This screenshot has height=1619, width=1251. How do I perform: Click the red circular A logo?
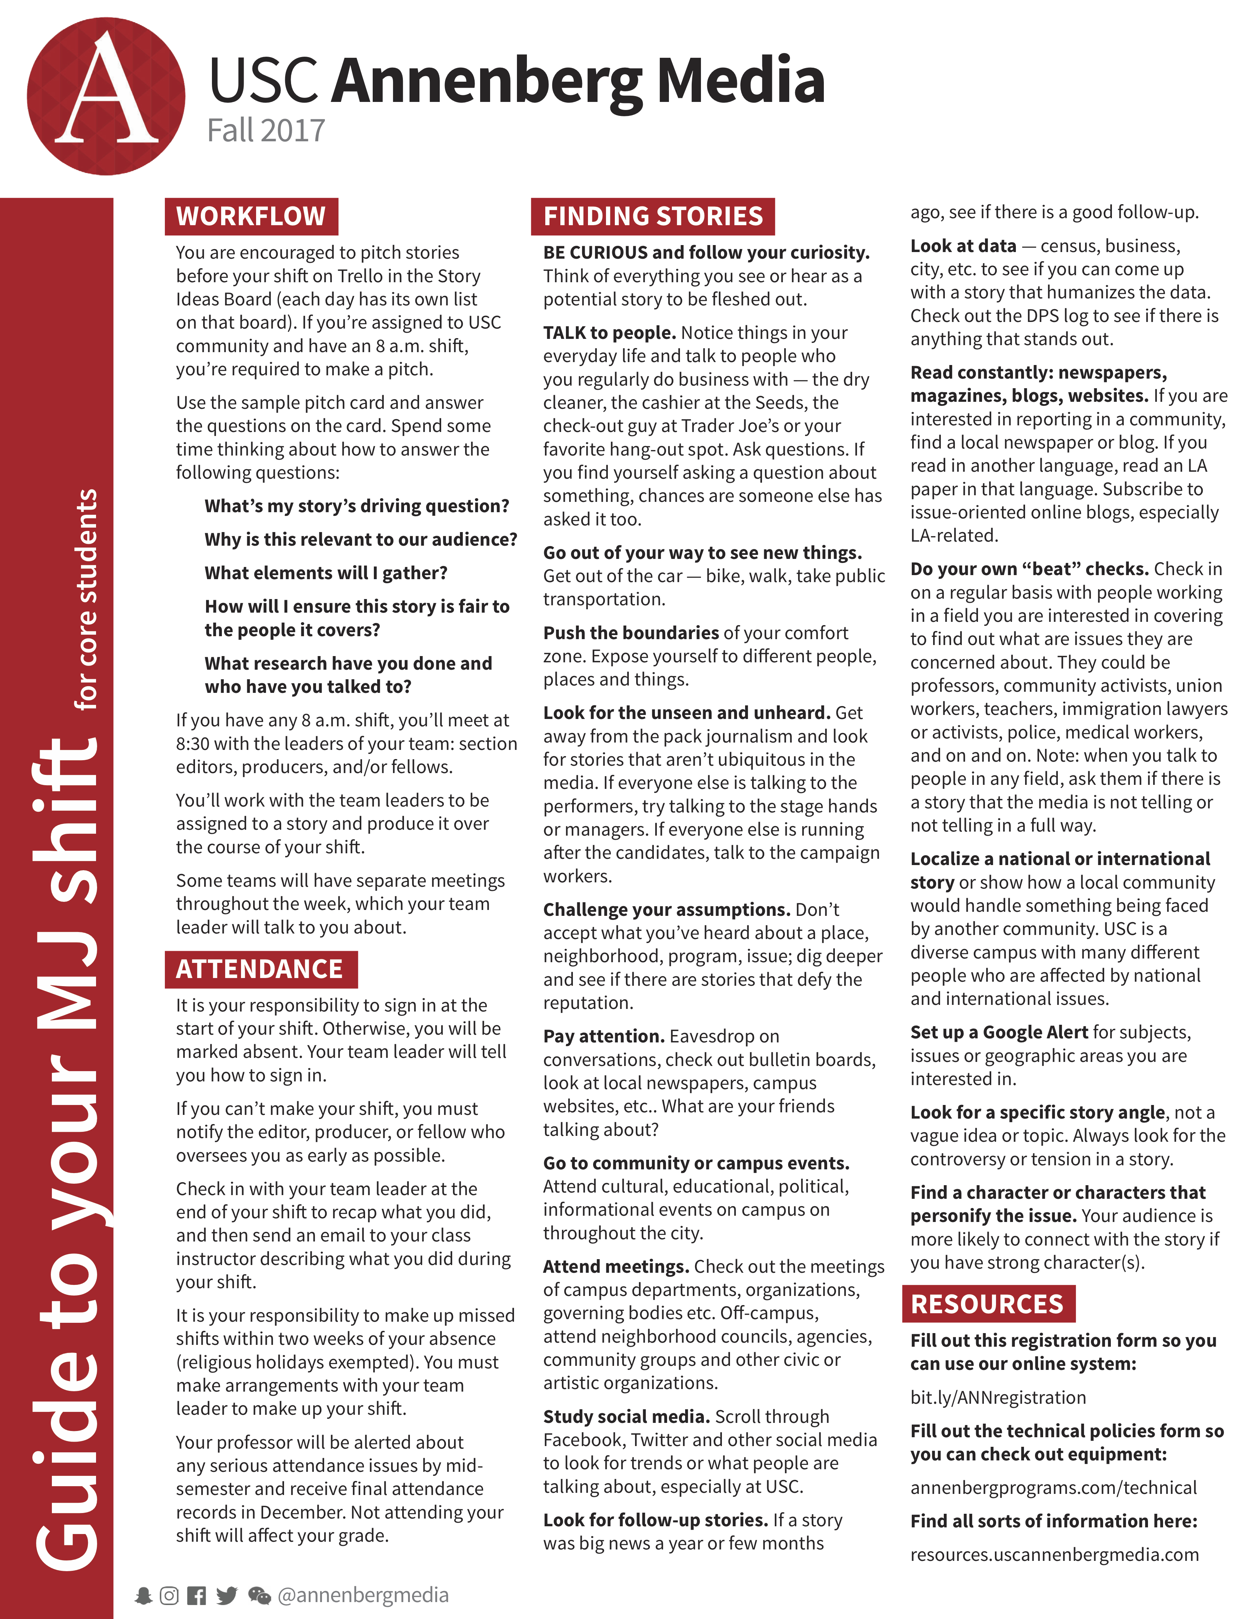106,96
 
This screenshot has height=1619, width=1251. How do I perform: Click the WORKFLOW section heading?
251,216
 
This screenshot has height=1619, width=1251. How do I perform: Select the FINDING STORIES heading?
653,216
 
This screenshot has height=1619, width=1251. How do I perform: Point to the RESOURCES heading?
987,1304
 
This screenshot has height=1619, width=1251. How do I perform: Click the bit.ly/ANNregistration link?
997,1397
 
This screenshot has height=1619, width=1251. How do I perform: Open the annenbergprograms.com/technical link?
1053,1488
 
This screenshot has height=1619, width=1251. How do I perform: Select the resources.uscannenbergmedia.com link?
1054,1555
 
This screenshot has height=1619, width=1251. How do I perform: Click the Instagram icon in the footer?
170,1595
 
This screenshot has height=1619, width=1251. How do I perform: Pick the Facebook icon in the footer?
196,1595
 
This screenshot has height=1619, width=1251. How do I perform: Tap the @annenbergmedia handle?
363,1595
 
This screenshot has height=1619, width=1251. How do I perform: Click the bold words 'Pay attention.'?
603,1036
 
